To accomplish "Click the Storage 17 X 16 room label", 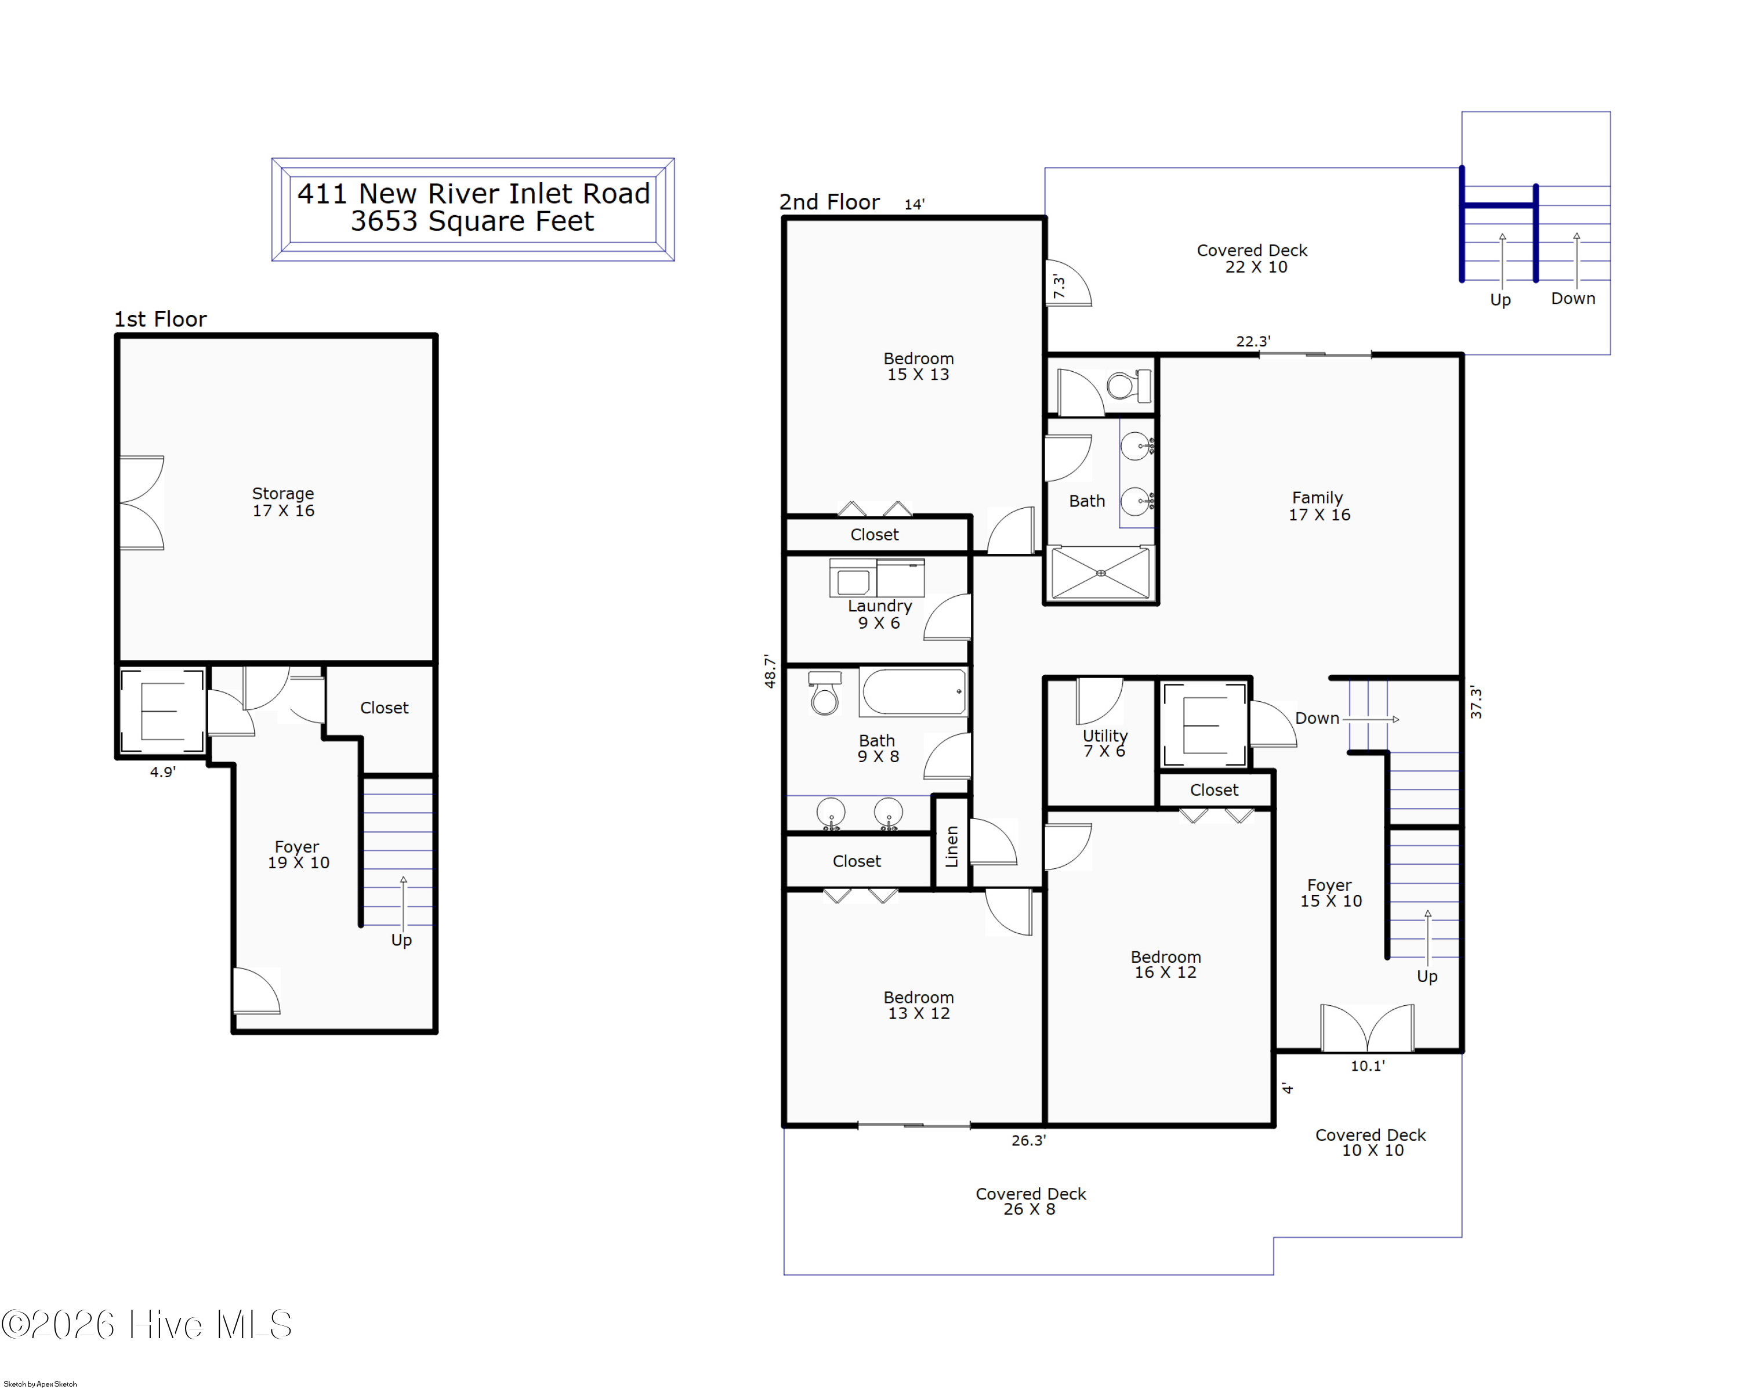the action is [283, 502].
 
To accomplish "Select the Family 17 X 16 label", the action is [1319, 506].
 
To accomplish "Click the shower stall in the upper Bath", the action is [1101, 573].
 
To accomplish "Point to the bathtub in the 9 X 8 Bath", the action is [913, 691].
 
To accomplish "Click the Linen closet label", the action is [952, 846].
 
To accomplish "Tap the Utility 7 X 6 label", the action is [1105, 743].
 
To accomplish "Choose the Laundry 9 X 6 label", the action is [880, 614].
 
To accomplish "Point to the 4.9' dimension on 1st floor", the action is [162, 772].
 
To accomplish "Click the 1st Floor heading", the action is [160, 319].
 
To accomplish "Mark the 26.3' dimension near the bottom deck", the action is [1028, 1140].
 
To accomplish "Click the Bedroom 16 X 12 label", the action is [1165, 965].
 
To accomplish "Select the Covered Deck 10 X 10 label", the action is [1371, 1143].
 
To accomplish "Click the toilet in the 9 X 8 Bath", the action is [824, 693].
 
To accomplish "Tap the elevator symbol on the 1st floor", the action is [162, 711].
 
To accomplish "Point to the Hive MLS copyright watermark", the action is [146, 1325].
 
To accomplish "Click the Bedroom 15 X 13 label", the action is [918, 367].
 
